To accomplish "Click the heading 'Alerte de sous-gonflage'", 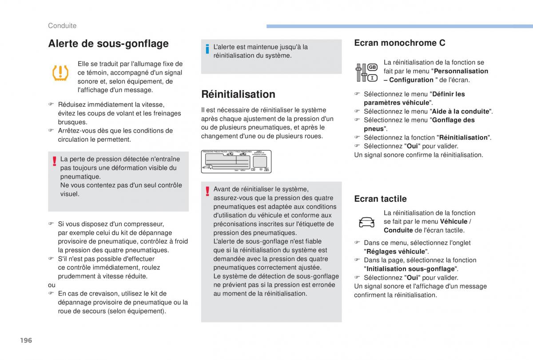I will pos(108,44).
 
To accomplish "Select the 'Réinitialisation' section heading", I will pos(238,94).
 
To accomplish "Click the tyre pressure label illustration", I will pos(236,162).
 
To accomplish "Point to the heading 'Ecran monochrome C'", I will pos(400,43).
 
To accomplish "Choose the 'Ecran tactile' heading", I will pos(380,199).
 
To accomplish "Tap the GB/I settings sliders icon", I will pos(366,72).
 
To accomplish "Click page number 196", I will pos(26,340).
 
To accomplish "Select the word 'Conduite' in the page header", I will pos(62,26).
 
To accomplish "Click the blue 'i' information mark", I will pos(207,50).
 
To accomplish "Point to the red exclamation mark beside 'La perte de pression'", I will pos(54,161).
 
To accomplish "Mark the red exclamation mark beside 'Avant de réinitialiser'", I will pos(207,191).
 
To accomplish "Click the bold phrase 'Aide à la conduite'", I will pos(460,112).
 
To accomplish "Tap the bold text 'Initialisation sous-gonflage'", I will pos(410,269).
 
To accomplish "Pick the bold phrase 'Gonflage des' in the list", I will pos(453,120).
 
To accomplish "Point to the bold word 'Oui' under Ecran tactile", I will pos(413,278).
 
